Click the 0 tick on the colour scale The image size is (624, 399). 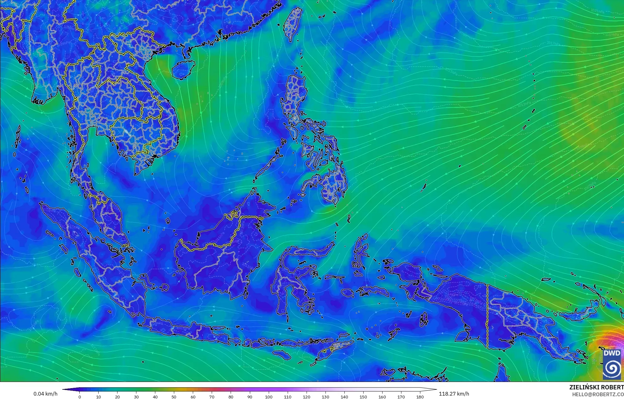tap(80, 397)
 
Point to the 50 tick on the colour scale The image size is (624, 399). tap(174, 397)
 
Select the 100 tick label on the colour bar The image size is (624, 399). tap(269, 397)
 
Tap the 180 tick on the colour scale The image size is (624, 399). tap(420, 397)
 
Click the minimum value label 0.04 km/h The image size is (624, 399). tap(45, 394)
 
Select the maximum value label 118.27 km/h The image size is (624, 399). tap(454, 394)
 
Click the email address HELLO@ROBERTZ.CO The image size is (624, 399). tap(598, 394)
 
